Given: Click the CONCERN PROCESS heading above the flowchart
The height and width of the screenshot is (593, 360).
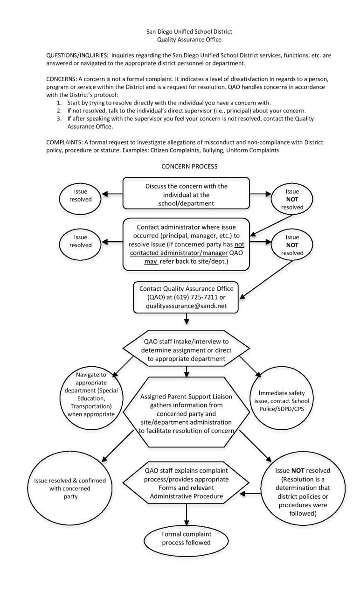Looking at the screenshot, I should point(187,165).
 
